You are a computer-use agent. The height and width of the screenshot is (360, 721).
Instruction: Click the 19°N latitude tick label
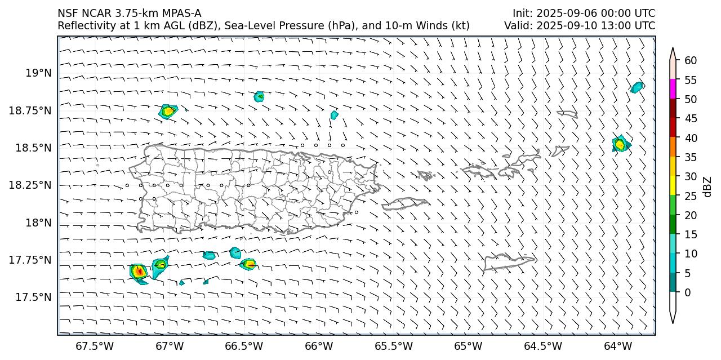tap(38, 73)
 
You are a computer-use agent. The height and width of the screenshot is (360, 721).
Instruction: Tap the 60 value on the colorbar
tap(690, 60)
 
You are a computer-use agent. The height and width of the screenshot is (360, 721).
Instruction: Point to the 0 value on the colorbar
tap(687, 292)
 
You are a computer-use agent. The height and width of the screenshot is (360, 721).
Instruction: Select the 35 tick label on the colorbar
tap(690, 157)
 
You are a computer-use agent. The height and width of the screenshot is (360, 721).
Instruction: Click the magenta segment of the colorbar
tap(673, 89)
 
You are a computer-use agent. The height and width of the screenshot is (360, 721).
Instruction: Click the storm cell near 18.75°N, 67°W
tap(168, 111)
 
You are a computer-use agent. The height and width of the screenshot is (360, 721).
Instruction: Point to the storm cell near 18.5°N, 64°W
tap(620, 144)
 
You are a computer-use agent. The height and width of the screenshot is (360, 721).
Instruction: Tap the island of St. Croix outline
tap(509, 261)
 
